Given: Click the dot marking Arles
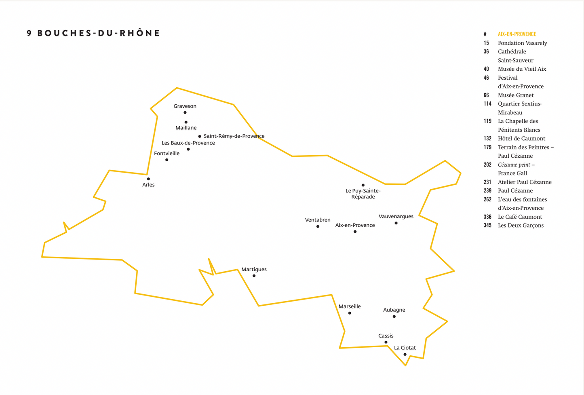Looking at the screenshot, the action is (148, 179).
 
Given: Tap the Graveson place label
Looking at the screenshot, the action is (185, 106).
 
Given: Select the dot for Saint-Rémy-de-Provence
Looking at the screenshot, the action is (199, 136).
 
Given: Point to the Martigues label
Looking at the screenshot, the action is (254, 269).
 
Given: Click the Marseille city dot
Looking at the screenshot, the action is (350, 313).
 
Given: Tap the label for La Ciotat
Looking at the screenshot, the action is (405, 348).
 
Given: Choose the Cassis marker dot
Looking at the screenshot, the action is (386, 342).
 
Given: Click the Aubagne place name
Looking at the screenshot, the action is (394, 310).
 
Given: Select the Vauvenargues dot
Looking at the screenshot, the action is (396, 223).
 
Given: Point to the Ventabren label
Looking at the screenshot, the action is (318, 220).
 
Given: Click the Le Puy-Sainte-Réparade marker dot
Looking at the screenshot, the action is (363, 185).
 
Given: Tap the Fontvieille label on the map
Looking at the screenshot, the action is (167, 153).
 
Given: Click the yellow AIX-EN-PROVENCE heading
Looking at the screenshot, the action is (517, 34).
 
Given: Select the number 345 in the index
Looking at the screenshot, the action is (487, 225).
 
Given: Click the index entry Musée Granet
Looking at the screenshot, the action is (516, 95).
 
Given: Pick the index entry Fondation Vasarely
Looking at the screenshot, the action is (523, 43).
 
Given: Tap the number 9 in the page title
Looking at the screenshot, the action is (29, 33).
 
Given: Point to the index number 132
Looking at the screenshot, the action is (487, 138).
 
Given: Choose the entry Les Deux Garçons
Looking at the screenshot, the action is (521, 225).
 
